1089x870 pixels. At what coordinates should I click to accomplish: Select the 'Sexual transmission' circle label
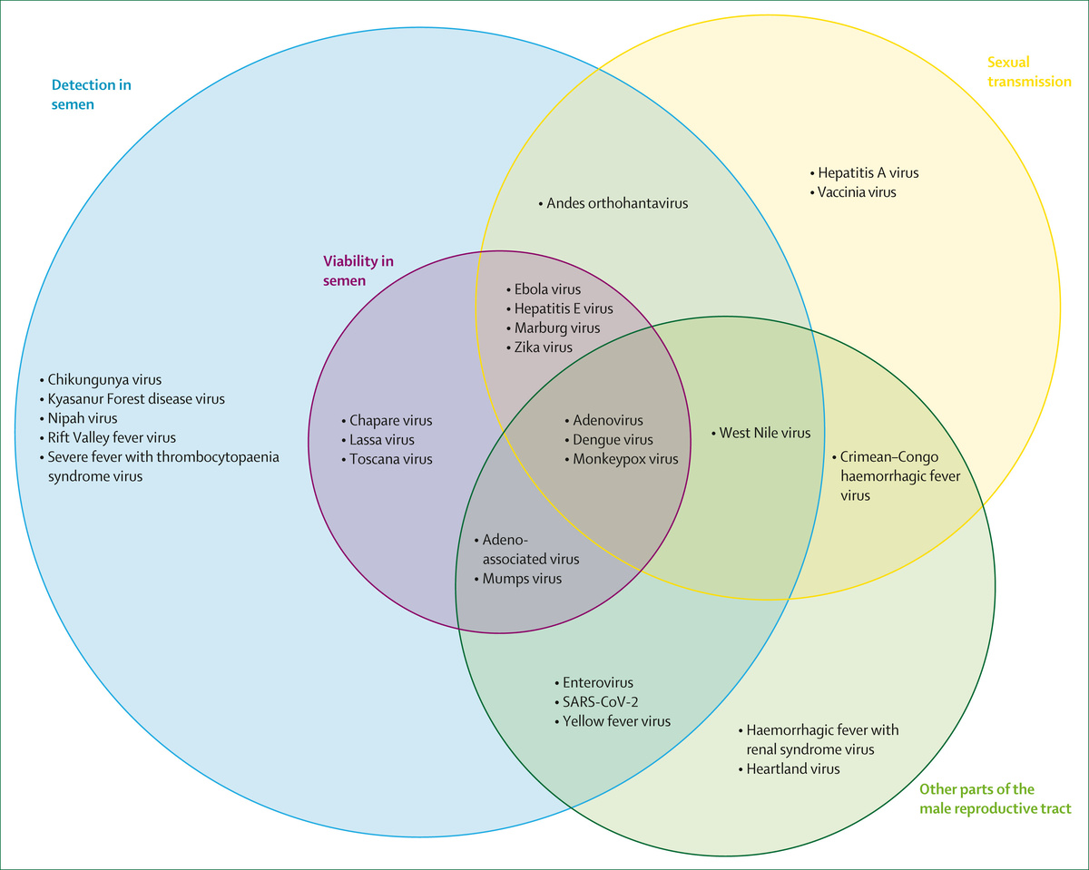click(1029, 72)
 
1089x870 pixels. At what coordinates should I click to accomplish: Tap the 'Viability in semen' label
click(358, 270)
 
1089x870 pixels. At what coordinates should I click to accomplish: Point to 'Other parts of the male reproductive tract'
click(995, 798)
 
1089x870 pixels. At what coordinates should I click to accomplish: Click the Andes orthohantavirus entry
click(617, 203)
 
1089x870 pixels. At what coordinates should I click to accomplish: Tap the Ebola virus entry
click(547, 289)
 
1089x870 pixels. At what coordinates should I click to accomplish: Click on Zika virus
click(544, 347)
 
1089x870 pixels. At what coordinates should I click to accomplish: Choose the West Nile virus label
click(764, 433)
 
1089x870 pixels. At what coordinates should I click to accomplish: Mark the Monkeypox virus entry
click(625, 459)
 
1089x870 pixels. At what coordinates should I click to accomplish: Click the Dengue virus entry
click(613, 440)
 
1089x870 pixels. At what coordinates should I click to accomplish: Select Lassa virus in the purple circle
click(381, 440)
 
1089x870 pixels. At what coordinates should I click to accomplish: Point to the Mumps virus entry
click(522, 579)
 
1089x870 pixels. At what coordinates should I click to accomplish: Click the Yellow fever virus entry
click(616, 721)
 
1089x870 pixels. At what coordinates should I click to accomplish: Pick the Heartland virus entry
click(792, 769)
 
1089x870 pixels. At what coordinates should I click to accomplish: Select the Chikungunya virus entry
click(104, 379)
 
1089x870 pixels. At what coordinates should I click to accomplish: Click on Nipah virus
click(83, 418)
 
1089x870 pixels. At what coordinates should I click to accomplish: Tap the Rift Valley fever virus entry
click(112, 437)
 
